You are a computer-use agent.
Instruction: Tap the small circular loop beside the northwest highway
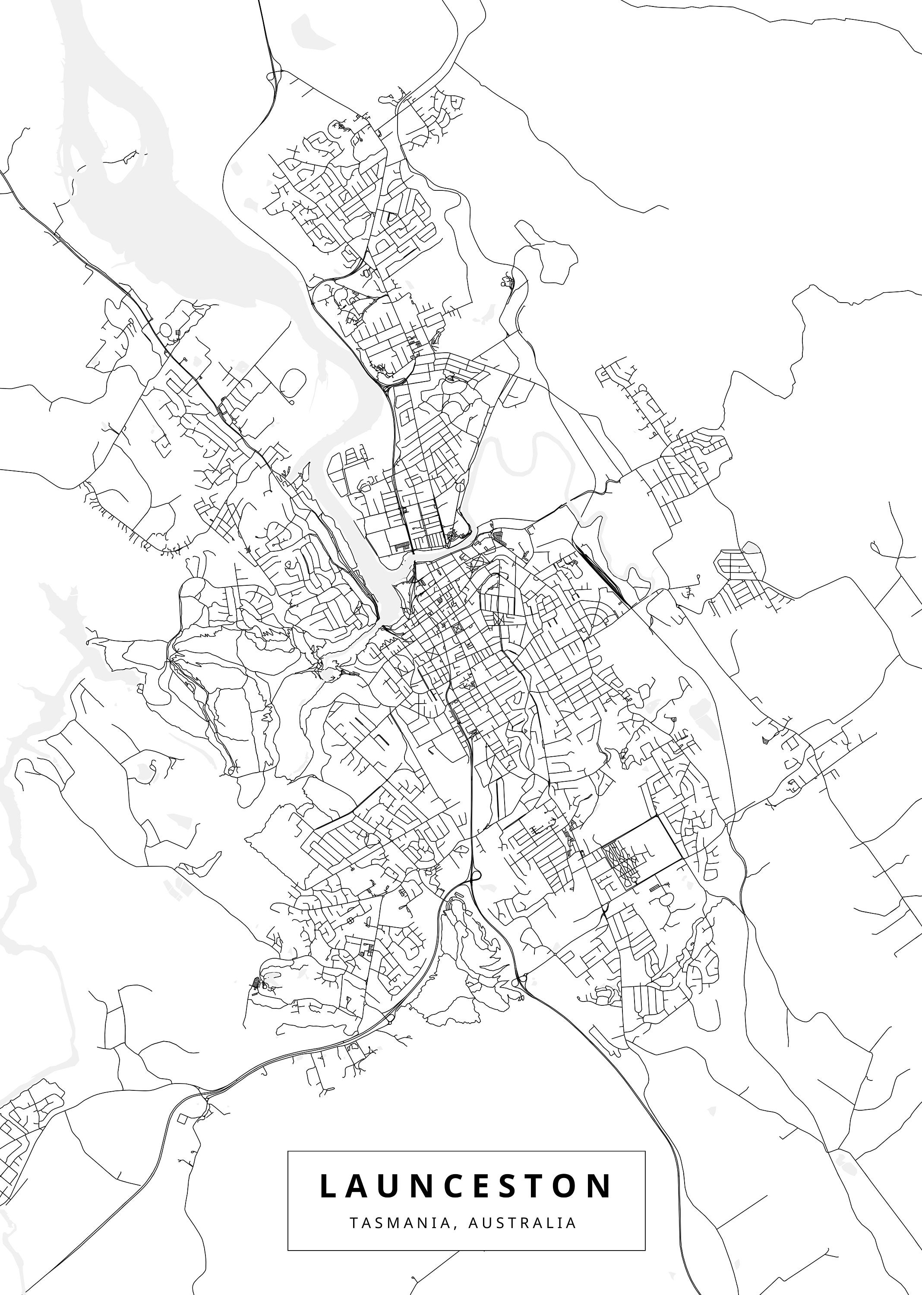point(166,329)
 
